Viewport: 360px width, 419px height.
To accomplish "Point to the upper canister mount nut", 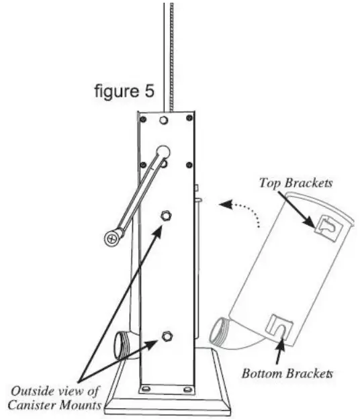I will tap(166, 216).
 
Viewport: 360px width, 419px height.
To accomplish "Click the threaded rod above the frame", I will tap(168, 54).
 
